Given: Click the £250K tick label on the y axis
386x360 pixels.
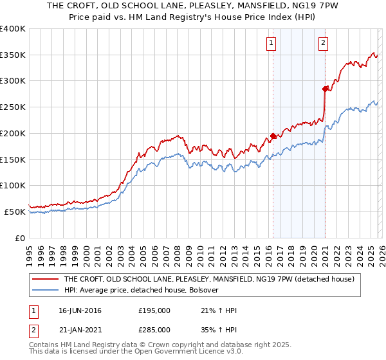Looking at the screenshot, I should click(x=13, y=107).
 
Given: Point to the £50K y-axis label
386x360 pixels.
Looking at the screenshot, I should click(x=15, y=212).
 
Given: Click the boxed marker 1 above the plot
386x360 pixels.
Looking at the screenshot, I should click(x=271, y=44).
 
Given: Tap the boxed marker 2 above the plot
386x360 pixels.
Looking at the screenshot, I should click(x=323, y=44).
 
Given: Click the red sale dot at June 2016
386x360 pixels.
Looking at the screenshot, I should click(x=273, y=136).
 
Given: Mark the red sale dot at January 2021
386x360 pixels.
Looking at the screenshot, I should click(x=326, y=89).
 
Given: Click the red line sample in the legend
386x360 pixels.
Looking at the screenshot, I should click(x=46, y=279).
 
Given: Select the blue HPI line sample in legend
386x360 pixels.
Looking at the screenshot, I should click(x=46, y=290).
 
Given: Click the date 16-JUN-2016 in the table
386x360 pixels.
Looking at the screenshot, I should click(x=80, y=310).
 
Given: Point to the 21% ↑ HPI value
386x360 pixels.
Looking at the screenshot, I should click(x=219, y=310).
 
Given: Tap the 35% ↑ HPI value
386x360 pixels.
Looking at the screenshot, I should click(x=219, y=328).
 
